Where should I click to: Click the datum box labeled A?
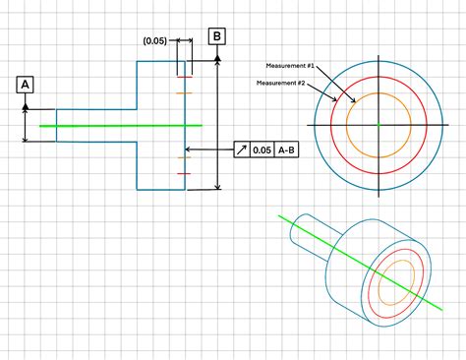(x=26, y=85)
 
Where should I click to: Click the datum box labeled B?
(x=217, y=38)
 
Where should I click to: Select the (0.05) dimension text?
(x=154, y=41)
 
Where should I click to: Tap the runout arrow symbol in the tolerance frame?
(x=240, y=150)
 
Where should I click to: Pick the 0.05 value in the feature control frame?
(x=261, y=150)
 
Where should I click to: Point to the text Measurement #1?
(x=290, y=64)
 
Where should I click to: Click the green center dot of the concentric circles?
(x=378, y=125)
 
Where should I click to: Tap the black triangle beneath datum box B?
(x=217, y=58)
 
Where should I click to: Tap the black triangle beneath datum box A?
(x=26, y=104)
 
